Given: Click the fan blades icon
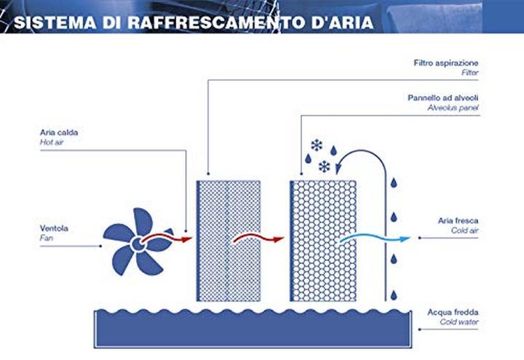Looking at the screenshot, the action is click(135, 241).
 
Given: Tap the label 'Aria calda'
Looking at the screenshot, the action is click(58, 133).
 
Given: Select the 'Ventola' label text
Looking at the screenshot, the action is click(54, 228).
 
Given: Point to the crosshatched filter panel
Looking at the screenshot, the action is click(229, 239).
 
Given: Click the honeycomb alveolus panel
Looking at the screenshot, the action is click(323, 239).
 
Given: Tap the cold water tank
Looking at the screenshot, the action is click(254, 327).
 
